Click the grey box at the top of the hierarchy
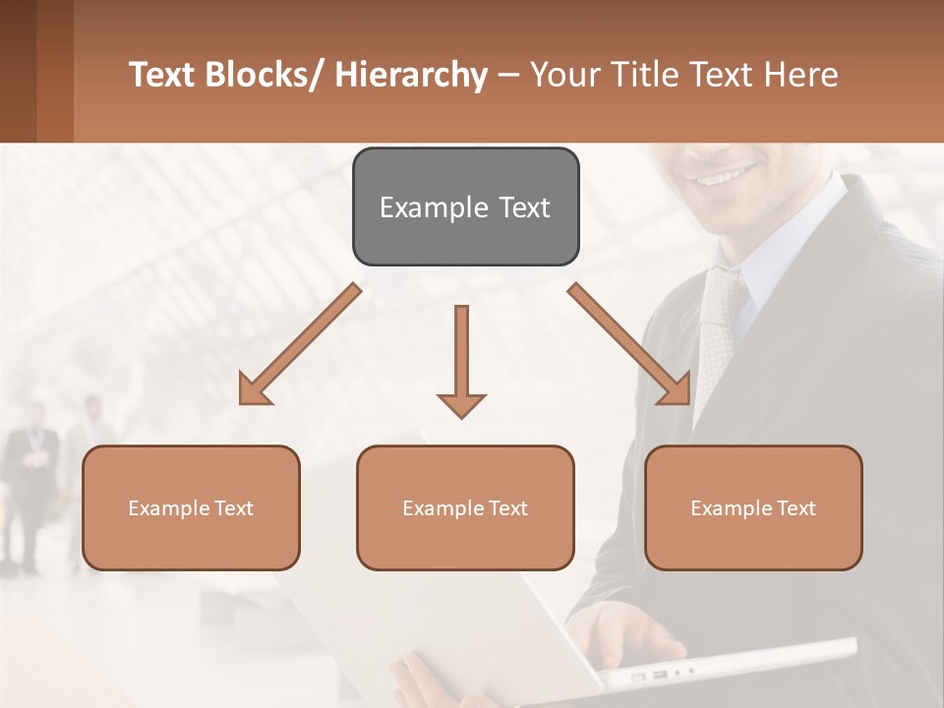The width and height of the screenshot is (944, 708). click(x=465, y=206)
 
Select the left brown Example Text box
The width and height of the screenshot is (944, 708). click(x=191, y=507)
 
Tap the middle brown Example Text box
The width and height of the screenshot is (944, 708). click(x=465, y=507)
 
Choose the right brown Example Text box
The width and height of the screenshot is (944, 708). click(x=753, y=507)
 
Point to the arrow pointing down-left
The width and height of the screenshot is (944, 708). click(x=299, y=345)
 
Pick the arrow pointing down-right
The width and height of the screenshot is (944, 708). click(x=629, y=344)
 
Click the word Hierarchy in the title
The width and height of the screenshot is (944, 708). click(x=411, y=75)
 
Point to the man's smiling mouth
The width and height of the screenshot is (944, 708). click(x=728, y=178)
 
